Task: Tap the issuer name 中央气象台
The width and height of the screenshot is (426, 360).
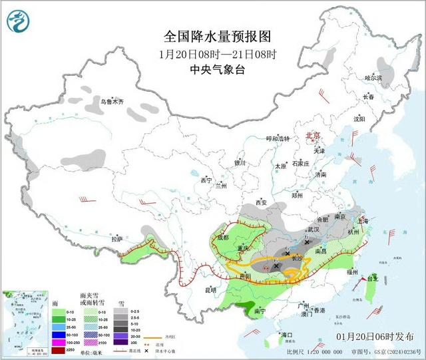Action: (x=218, y=69)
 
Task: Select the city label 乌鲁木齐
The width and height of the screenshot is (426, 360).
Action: (x=112, y=102)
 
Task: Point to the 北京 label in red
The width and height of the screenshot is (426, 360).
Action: (x=312, y=135)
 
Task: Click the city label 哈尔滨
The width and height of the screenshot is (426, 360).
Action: (x=374, y=78)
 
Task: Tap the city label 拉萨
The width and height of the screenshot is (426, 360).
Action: (x=117, y=238)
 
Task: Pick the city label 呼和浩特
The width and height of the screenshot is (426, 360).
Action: (x=278, y=138)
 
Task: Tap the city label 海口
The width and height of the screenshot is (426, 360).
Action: (x=288, y=334)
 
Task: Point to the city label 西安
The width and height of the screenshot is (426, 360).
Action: (x=260, y=202)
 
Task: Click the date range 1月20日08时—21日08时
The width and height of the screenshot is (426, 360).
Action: (x=218, y=53)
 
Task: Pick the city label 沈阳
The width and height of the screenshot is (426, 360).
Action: (x=359, y=119)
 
